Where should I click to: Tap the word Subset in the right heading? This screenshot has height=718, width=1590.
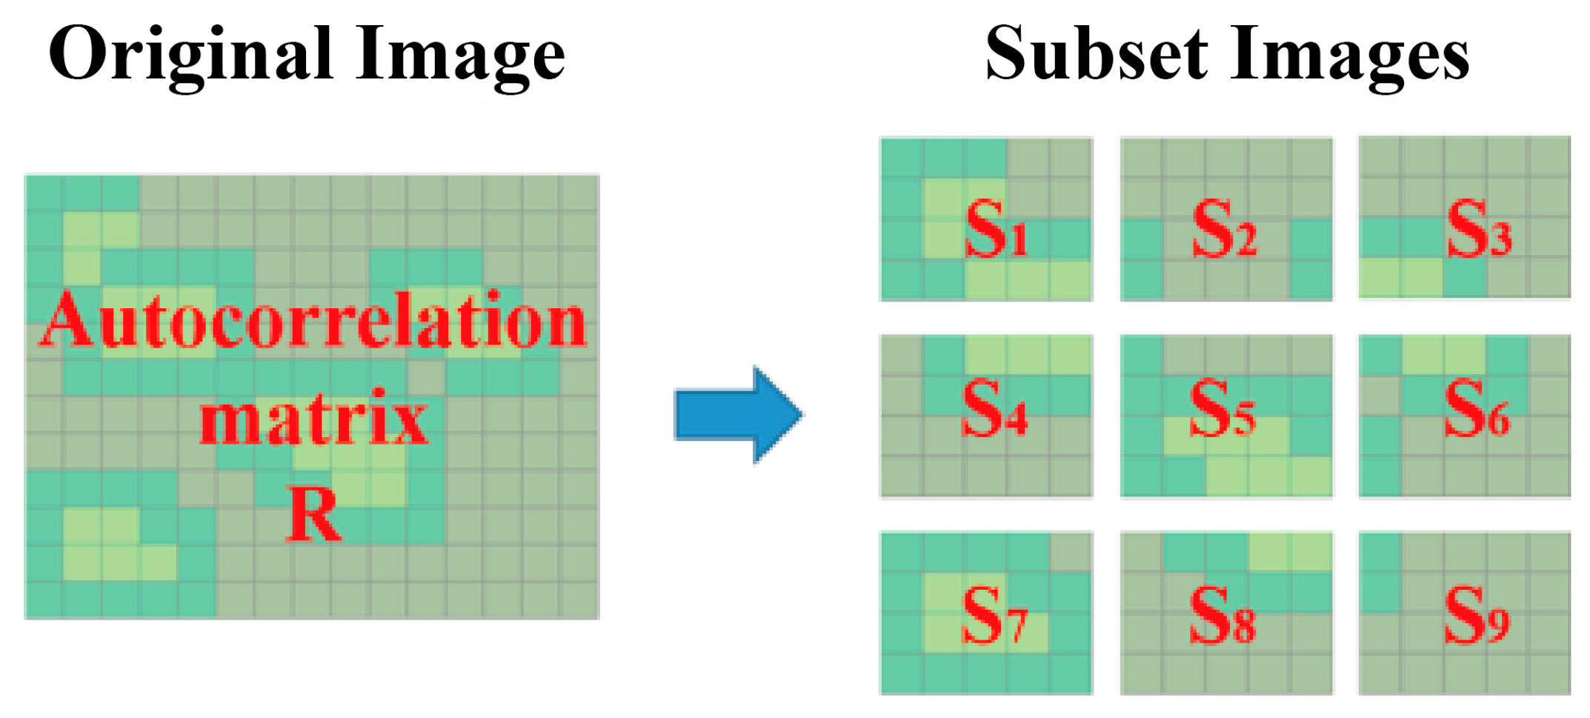(1097, 53)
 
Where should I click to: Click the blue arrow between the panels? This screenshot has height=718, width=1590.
(737, 414)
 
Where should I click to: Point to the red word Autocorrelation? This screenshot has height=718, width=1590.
(313, 320)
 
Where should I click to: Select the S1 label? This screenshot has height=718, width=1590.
(996, 230)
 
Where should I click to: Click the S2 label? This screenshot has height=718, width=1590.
(1224, 230)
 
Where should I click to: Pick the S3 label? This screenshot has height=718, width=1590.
(1479, 230)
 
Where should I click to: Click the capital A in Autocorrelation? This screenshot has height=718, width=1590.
(69, 320)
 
